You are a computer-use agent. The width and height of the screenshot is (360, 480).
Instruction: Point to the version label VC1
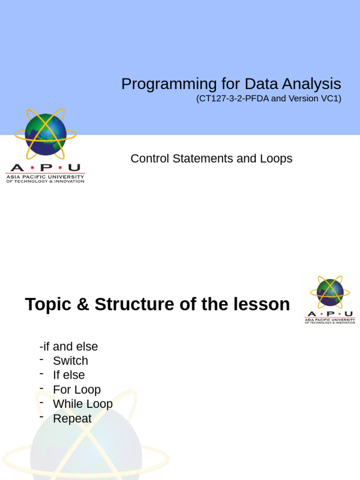[x=330, y=99]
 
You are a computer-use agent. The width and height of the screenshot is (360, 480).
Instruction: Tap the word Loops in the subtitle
[x=277, y=159]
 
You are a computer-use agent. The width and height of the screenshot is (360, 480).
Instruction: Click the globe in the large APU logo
[x=45, y=135]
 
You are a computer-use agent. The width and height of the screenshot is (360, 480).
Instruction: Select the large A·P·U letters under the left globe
[x=45, y=168]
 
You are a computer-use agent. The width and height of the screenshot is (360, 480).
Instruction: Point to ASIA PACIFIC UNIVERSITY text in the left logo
[x=45, y=177]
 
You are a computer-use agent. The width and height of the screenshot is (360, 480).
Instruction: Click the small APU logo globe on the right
[x=330, y=292]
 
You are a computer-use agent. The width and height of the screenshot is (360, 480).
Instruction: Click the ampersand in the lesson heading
[x=82, y=305]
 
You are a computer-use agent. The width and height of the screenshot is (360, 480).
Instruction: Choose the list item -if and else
[x=69, y=347]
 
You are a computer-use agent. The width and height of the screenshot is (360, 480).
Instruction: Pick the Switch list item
[x=70, y=361]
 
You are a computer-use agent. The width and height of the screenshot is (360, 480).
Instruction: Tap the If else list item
[x=69, y=375]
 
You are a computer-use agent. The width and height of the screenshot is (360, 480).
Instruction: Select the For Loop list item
[x=77, y=390]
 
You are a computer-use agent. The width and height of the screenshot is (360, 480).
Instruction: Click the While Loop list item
[x=82, y=404]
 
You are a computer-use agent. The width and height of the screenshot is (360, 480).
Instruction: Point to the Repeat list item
[x=72, y=419]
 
